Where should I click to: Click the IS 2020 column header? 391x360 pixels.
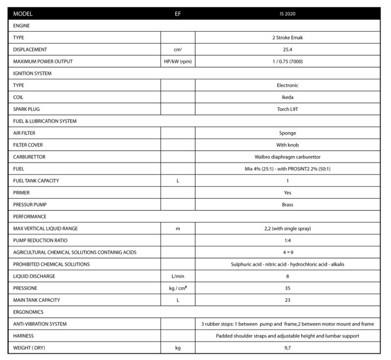click(x=287, y=14)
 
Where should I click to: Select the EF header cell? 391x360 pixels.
click(x=178, y=14)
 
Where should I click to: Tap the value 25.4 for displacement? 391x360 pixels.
click(x=287, y=50)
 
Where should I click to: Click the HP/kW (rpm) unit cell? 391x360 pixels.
click(x=178, y=62)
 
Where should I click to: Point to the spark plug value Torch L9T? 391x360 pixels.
click(x=287, y=109)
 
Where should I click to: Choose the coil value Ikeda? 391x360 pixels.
click(x=287, y=97)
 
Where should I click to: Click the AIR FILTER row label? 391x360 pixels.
click(x=24, y=133)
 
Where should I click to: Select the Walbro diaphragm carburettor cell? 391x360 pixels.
click(x=287, y=157)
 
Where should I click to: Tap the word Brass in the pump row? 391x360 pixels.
click(x=287, y=205)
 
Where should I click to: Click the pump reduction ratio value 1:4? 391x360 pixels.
click(x=287, y=240)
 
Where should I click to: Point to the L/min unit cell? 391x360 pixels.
click(x=178, y=276)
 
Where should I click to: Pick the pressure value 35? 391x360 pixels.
click(x=287, y=288)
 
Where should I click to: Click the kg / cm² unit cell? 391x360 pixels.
click(x=178, y=288)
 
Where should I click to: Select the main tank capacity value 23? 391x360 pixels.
click(x=287, y=300)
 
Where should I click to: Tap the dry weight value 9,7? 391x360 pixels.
click(x=287, y=348)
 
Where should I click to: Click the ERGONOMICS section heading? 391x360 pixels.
click(x=29, y=312)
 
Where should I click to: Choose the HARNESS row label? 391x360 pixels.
click(x=23, y=336)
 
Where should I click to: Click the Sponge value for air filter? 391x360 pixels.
click(x=287, y=133)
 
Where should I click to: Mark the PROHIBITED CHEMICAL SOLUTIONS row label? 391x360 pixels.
click(x=51, y=264)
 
